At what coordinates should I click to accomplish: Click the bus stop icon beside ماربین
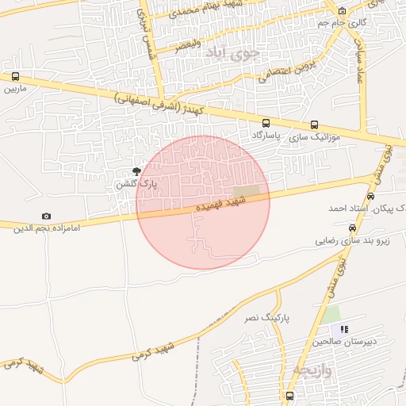click(x=15, y=77)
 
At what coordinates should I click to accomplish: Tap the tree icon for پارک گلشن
click(x=136, y=170)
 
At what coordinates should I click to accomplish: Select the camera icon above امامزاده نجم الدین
click(x=46, y=216)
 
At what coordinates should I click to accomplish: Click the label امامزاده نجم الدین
click(x=45, y=228)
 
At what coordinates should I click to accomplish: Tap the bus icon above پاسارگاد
click(x=266, y=124)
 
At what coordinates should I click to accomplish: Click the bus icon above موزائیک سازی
click(x=315, y=124)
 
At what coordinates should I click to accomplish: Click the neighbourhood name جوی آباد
click(x=232, y=54)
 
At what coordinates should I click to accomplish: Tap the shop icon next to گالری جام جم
click(x=342, y=11)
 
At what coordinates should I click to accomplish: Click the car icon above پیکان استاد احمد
click(x=371, y=195)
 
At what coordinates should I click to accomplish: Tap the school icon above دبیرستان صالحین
click(x=343, y=329)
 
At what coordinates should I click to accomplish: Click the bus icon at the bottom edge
click(x=289, y=395)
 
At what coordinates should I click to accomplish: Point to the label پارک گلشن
click(x=136, y=184)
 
